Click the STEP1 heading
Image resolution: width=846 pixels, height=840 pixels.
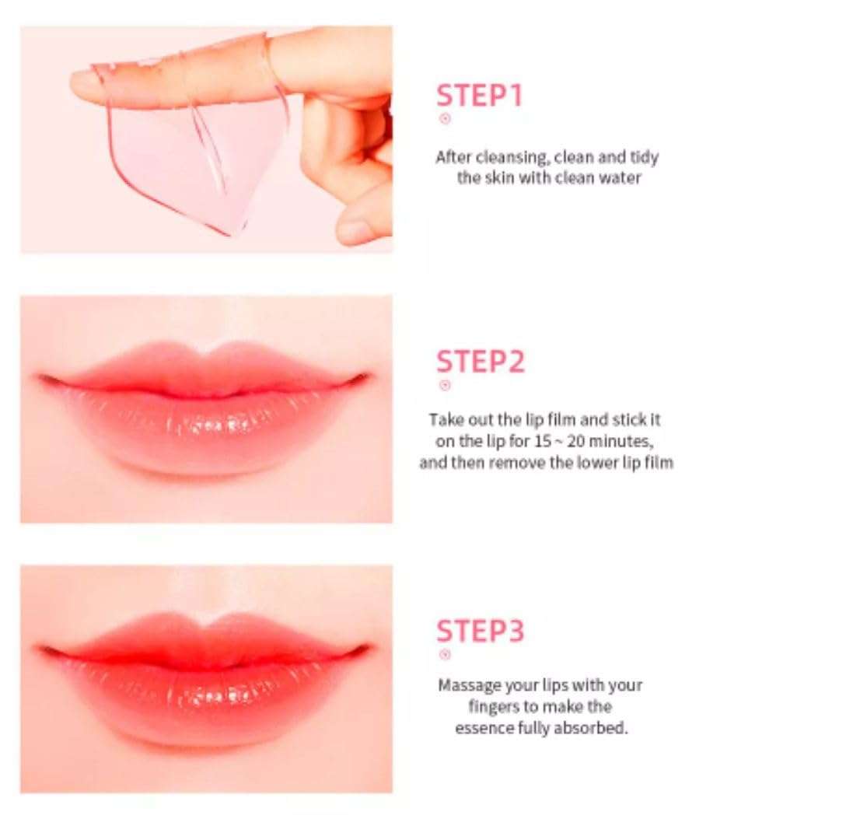480,95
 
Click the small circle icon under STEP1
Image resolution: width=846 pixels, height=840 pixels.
445,119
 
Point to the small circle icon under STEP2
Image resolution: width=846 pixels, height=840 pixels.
445,385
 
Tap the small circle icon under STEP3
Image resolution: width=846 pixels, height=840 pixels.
445,654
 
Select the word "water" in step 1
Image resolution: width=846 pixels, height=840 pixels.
619,177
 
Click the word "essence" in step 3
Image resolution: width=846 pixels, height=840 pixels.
484,729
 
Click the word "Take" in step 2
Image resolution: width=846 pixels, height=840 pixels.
446,420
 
